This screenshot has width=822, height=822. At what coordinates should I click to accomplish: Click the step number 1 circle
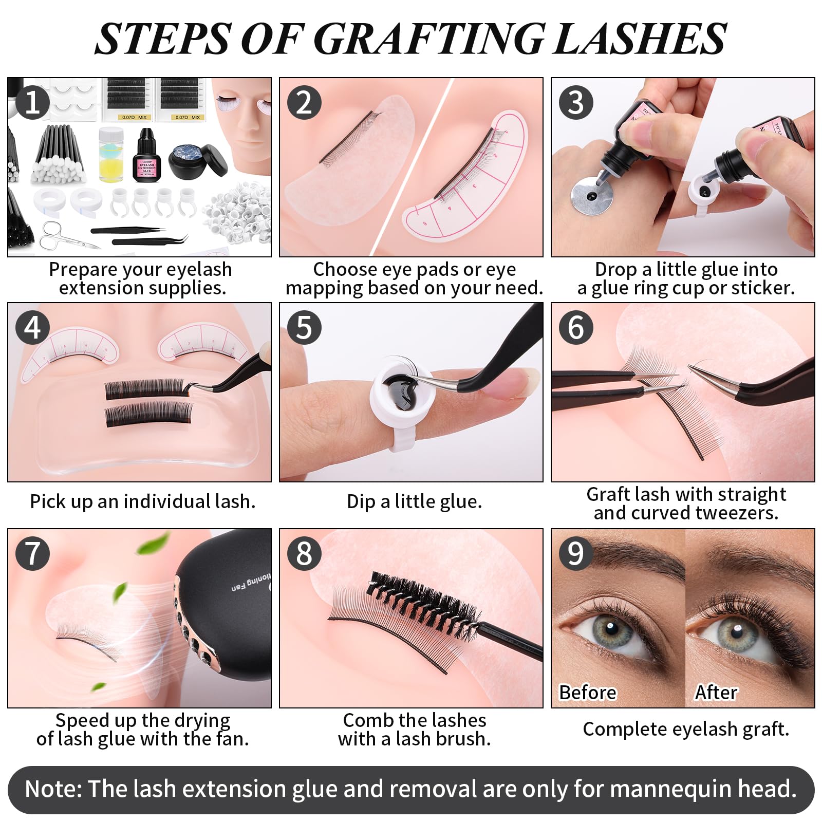[x=32, y=102]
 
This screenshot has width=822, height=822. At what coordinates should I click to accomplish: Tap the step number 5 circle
[x=304, y=327]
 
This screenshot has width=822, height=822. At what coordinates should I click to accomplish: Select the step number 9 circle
[x=576, y=553]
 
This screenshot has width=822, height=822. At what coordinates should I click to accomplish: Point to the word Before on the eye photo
[x=587, y=693]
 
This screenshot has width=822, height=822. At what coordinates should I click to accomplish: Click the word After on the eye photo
[x=716, y=693]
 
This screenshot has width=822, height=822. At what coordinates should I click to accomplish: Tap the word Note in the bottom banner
[x=53, y=789]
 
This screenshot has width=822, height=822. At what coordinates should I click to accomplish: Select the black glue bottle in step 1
[x=146, y=156]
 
